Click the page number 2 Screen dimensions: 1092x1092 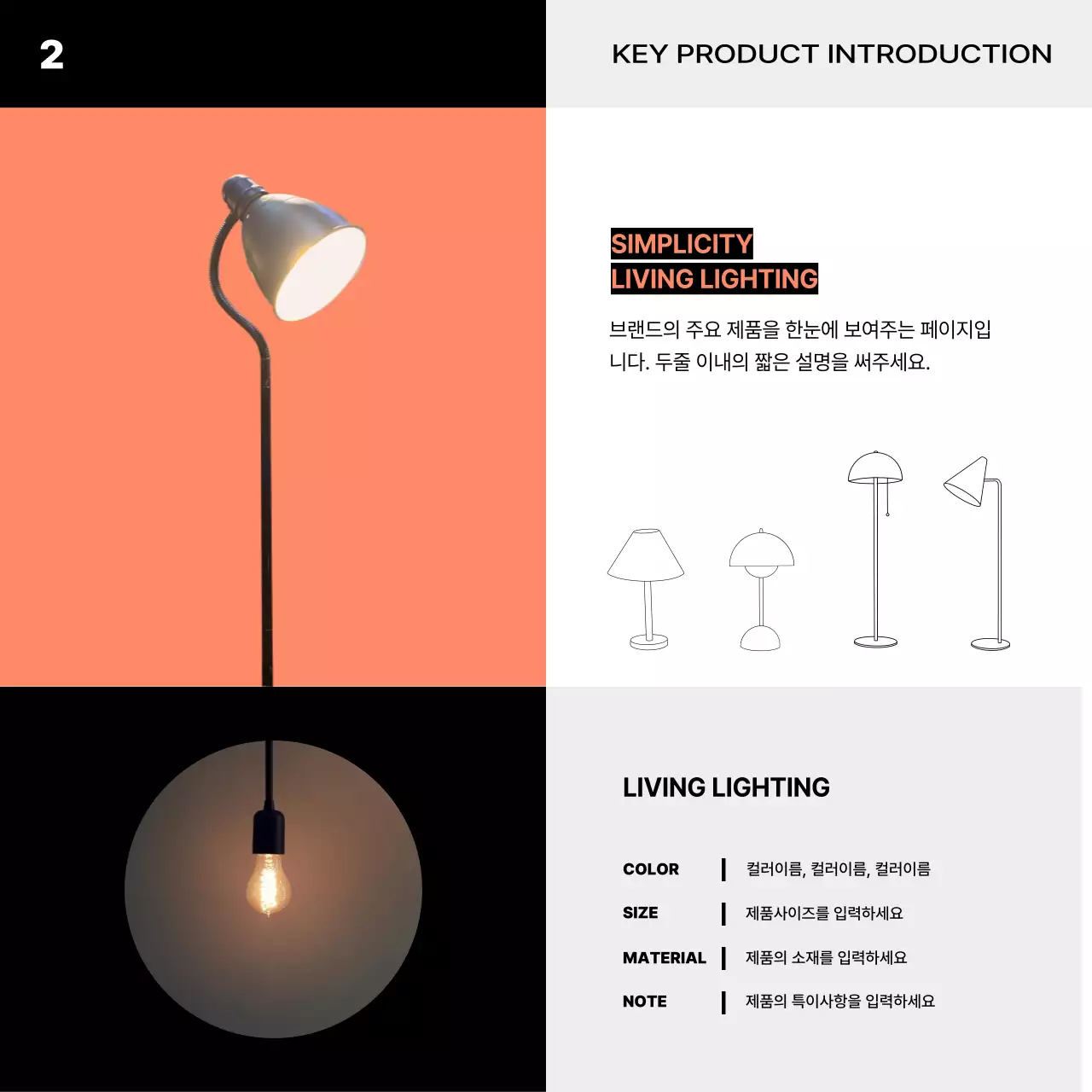click(x=51, y=55)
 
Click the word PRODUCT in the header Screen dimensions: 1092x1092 click(x=747, y=54)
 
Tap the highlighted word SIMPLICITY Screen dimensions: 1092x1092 click(x=682, y=244)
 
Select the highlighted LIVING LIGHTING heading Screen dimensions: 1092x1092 click(x=714, y=279)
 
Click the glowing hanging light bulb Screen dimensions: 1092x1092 click(x=269, y=885)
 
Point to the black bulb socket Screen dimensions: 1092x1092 click(x=269, y=832)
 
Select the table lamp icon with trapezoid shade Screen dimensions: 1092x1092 click(x=647, y=589)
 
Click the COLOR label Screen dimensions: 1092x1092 click(x=651, y=869)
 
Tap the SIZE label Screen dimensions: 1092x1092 click(x=640, y=913)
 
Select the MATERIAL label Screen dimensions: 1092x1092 click(x=664, y=958)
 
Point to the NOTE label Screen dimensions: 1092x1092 click(x=644, y=1002)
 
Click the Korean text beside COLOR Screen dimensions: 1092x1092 click(x=838, y=869)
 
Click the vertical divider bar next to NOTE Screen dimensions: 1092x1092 click(x=723, y=1002)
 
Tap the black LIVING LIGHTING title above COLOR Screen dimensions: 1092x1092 click(x=726, y=787)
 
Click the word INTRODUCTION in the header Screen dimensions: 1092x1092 click(x=939, y=54)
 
